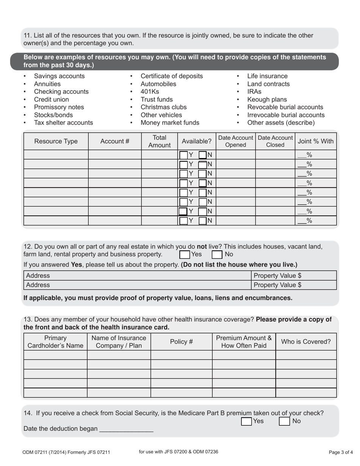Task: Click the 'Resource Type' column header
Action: (x=56, y=141)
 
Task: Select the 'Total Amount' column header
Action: (x=159, y=141)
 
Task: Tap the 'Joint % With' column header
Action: (x=316, y=141)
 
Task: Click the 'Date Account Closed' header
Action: (x=275, y=141)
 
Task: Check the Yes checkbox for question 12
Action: (x=184, y=254)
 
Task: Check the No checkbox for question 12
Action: (x=217, y=254)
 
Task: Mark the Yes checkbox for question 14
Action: (x=246, y=421)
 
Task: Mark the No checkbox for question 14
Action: (x=284, y=421)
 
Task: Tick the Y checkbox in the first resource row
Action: (x=183, y=155)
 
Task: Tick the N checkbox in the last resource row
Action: (x=203, y=220)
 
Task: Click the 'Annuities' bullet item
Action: (x=47, y=84)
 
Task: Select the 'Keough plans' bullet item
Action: (x=267, y=100)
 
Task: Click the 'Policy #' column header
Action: (x=181, y=342)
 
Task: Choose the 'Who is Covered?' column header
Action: (x=305, y=342)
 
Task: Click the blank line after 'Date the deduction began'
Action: (x=126, y=429)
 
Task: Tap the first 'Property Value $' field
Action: (x=294, y=276)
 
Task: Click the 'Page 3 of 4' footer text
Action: (x=341, y=452)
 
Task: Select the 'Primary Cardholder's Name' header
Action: (x=55, y=342)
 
